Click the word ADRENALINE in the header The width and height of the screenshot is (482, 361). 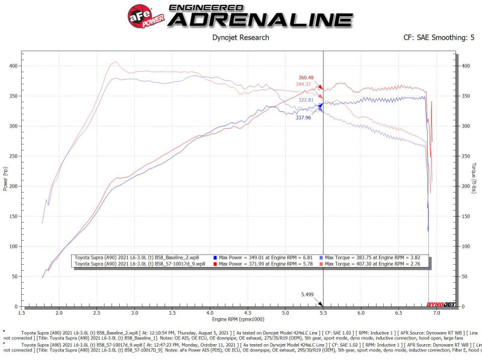(260, 20)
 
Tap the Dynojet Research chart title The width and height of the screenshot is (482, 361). (241, 37)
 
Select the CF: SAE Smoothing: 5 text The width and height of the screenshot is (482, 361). (439, 37)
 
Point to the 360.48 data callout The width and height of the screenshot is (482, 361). (306, 78)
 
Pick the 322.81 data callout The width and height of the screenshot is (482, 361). (305, 99)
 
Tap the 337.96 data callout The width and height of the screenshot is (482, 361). (303, 118)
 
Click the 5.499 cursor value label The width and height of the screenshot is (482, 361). (308, 295)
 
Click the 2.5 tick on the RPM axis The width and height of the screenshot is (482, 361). (97, 313)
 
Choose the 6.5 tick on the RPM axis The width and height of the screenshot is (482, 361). (398, 313)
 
